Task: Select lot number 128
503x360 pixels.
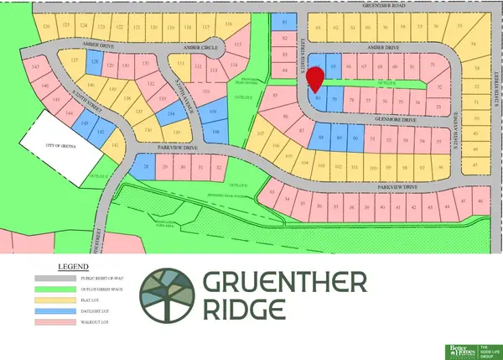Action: pyautogui.click(x=96, y=63)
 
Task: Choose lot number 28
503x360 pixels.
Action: pyautogui.click(x=148, y=168)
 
